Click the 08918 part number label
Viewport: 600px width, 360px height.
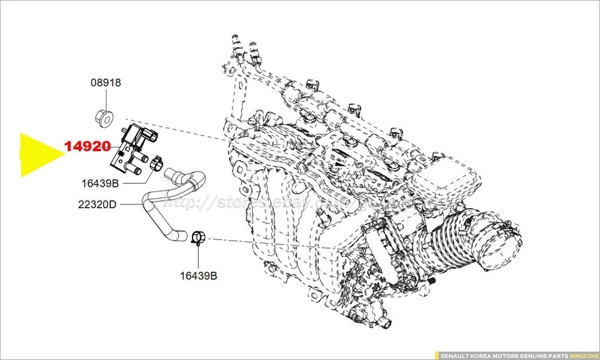(x=106, y=82)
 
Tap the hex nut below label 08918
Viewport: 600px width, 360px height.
(x=104, y=116)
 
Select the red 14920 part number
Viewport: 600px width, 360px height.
(x=87, y=147)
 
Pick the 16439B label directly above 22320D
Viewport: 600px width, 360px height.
(x=100, y=183)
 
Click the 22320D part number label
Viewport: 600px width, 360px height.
(x=97, y=204)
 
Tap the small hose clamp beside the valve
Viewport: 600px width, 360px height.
(x=156, y=165)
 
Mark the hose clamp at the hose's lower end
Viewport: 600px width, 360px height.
(x=198, y=237)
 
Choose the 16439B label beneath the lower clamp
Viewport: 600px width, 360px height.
(x=198, y=276)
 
